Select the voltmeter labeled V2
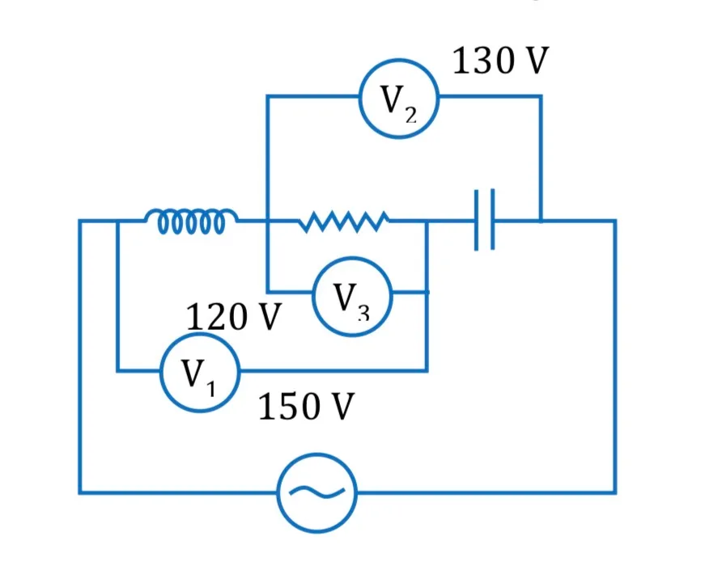[399, 99]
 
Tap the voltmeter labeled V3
[352, 297]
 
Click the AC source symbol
[317, 492]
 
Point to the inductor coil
[191, 221]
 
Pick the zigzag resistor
[344, 222]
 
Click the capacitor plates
[484, 220]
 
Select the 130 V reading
[500, 61]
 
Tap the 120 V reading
[234, 316]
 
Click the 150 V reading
[306, 406]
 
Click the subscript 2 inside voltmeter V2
[410, 116]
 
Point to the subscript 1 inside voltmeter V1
[210, 389]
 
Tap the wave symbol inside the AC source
[317, 492]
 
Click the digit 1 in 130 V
[461, 61]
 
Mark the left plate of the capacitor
[476, 220]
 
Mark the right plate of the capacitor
[493, 220]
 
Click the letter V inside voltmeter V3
[345, 296]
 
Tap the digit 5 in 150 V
[289, 406]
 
